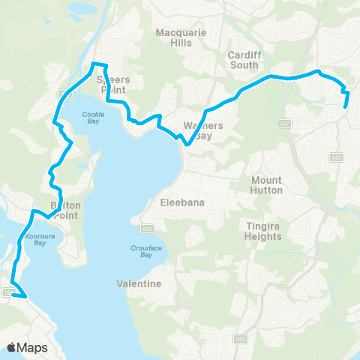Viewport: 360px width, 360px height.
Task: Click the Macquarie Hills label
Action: point(174,37)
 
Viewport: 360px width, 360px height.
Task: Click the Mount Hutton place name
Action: point(267,185)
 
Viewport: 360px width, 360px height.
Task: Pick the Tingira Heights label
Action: point(263,230)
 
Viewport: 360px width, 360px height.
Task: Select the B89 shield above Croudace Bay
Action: point(147,229)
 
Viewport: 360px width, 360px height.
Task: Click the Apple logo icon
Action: point(12,347)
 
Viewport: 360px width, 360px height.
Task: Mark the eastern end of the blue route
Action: point(345,106)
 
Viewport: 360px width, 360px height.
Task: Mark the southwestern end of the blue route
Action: point(27,297)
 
